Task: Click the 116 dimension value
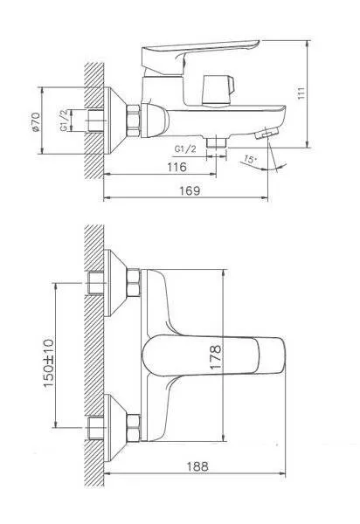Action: point(177,167)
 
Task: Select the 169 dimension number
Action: point(190,190)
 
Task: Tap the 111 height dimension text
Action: point(301,93)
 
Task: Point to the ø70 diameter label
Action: point(36,122)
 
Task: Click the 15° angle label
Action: point(250,159)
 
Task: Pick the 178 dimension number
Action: point(216,357)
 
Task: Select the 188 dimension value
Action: point(197,466)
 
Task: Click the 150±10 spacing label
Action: point(48,363)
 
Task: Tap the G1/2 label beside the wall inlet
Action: point(65,121)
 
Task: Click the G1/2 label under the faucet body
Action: point(185,149)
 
